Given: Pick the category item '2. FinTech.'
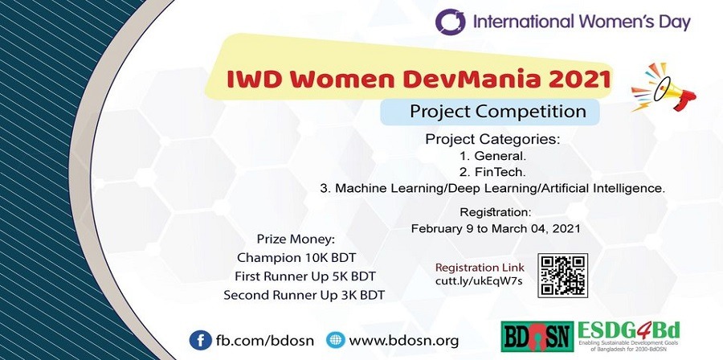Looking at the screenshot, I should (x=492, y=172).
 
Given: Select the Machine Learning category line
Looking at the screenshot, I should (x=492, y=189).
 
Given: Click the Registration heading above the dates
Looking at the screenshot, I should (x=495, y=213).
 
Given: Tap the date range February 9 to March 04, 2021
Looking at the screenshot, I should (x=495, y=228).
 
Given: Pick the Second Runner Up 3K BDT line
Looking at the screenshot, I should (x=304, y=295).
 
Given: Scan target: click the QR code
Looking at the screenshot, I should (x=563, y=275).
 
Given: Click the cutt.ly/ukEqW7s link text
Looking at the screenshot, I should (x=479, y=281).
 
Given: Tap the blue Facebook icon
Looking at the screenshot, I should (x=199, y=338).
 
